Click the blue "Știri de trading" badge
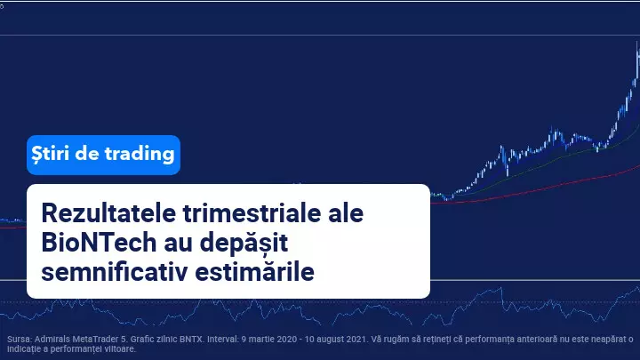point(103,155)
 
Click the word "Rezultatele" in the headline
point(108,213)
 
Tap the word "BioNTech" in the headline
point(99,243)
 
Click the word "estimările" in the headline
point(255,272)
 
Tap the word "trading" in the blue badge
point(140,155)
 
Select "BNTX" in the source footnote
point(191,340)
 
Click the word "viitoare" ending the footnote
point(122,349)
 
